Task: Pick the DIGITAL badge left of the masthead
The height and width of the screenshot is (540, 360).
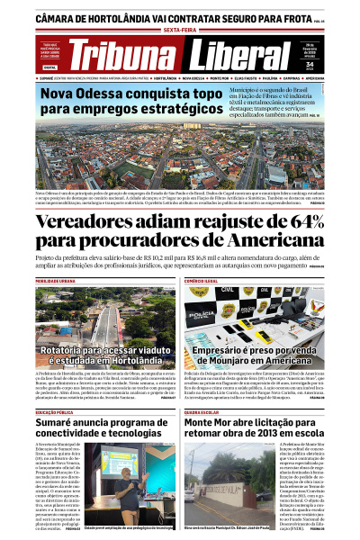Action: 49,67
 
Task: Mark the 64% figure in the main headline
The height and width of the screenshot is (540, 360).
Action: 317,222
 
